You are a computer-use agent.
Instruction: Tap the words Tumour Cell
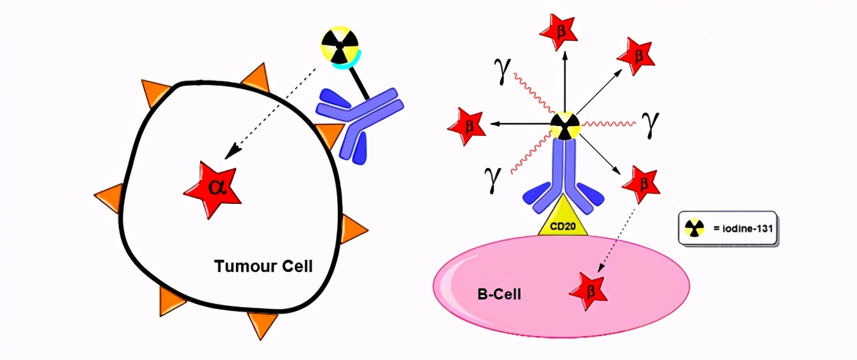coord(264,266)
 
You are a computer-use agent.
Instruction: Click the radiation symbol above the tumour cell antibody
coord(340,45)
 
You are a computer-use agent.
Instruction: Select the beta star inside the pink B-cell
coord(589,291)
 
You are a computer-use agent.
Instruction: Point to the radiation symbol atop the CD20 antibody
coord(564,126)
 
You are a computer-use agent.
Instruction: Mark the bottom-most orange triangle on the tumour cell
coord(262,323)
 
